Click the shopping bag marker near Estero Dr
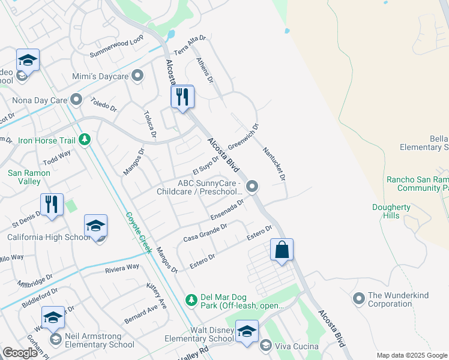coord(282,250)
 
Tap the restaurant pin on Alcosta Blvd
coord(182,97)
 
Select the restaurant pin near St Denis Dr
coord(52,205)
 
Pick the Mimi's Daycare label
coord(104,76)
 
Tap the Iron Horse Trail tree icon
coord(85,140)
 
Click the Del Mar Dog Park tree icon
coord(191,299)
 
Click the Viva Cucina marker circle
coord(265,346)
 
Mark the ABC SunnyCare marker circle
coord(253,187)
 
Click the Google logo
coord(20,353)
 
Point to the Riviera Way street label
coord(122,268)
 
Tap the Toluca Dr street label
coord(150,124)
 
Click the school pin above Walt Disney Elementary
coord(247,332)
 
